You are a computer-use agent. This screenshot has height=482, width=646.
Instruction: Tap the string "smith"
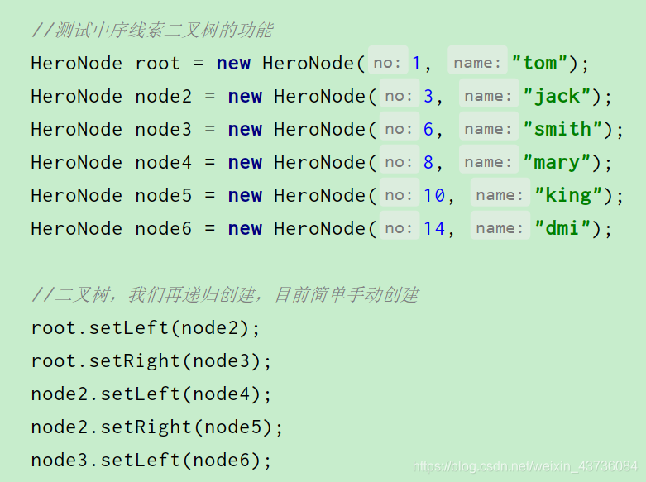pos(562,129)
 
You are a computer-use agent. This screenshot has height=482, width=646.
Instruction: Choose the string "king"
pos(568,195)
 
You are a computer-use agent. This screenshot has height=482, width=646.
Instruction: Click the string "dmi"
pos(562,228)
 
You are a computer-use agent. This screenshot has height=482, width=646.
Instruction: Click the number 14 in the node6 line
pos(434,228)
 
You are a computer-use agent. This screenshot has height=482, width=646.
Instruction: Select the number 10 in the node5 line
pos(434,195)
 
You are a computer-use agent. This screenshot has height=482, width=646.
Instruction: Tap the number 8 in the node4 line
pos(428,162)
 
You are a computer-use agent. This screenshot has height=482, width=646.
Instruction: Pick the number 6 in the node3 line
pos(428,129)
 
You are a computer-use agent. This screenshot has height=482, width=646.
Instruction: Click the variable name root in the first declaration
pos(157,63)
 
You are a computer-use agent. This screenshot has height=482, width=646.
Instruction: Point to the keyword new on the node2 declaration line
pos(245,96)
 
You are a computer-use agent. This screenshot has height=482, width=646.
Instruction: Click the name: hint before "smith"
pos(489,129)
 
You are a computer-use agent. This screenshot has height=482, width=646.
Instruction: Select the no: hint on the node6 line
pos(400,228)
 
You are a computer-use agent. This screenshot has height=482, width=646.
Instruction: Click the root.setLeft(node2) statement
pos(146,327)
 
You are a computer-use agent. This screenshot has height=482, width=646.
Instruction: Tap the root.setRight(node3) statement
pos(151,360)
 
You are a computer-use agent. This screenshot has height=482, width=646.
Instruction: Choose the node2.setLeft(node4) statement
pos(151,394)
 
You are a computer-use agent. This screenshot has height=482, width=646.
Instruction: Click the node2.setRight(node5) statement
pos(157,427)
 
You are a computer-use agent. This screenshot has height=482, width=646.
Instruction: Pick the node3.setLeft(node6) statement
pos(151,460)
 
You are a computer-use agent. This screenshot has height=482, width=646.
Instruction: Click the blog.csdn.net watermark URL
pos(525,467)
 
